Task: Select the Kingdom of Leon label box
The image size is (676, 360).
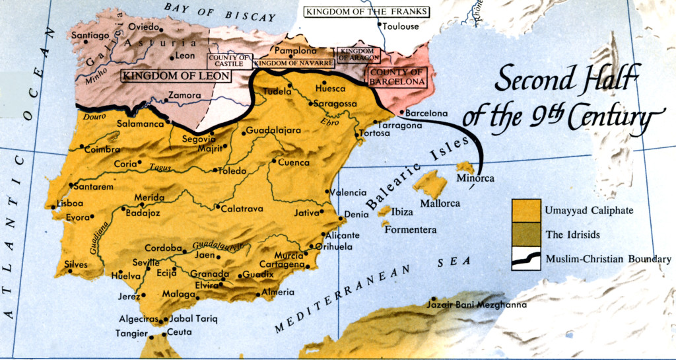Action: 176,76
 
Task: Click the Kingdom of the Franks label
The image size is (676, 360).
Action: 366,12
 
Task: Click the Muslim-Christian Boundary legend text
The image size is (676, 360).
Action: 608,260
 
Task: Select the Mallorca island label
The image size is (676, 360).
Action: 440,203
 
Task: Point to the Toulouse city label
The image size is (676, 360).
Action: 401,26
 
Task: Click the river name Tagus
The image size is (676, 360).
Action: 160,168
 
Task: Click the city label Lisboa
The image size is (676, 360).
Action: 70,203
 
